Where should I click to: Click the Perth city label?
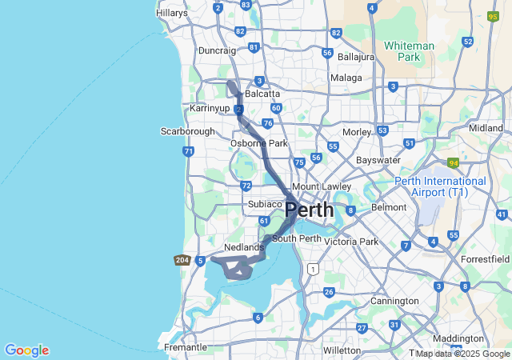coord(310,210)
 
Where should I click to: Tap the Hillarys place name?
coord(172,13)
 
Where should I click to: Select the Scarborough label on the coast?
coord(187,131)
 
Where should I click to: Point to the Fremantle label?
coord(185,347)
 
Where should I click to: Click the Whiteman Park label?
coord(409,51)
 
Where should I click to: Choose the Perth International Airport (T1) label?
coord(441,186)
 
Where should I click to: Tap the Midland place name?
coord(486,128)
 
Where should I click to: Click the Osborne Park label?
coord(259,143)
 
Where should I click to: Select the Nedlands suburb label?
coord(244,248)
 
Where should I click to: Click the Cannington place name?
coord(394,301)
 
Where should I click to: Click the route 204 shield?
coord(182,260)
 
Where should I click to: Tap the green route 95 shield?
coord(493,15)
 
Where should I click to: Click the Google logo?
coord(26,350)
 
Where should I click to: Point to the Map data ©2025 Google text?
coord(462,354)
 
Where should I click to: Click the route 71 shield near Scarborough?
coord(188,150)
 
